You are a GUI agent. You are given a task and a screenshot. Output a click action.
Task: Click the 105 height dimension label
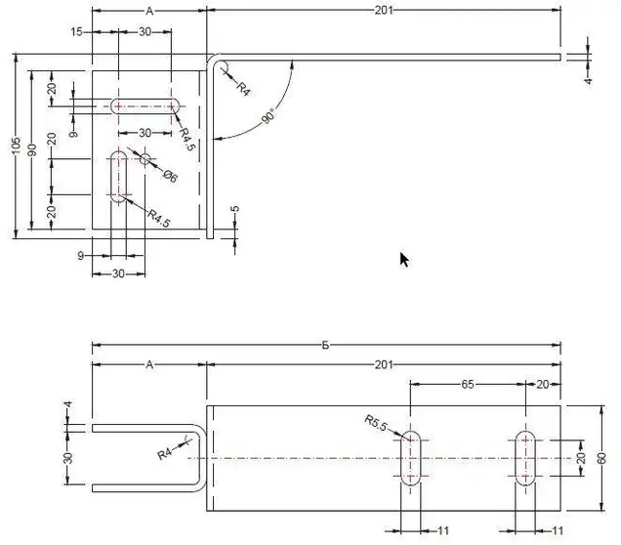(16, 146)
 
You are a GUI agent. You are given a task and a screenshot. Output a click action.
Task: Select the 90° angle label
(269, 115)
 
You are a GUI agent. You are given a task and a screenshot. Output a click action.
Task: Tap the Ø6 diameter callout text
(170, 176)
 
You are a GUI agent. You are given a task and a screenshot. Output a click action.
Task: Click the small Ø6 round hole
(145, 159)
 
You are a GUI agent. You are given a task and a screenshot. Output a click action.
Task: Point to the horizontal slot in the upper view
(145, 106)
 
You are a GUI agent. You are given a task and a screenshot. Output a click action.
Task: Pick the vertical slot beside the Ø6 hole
(118, 177)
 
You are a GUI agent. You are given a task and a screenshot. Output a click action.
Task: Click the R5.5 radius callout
(375, 423)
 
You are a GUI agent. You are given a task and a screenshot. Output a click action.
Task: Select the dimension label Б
(325, 345)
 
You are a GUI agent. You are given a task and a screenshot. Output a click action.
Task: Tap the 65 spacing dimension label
(468, 384)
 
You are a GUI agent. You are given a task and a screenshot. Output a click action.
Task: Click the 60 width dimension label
(601, 458)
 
